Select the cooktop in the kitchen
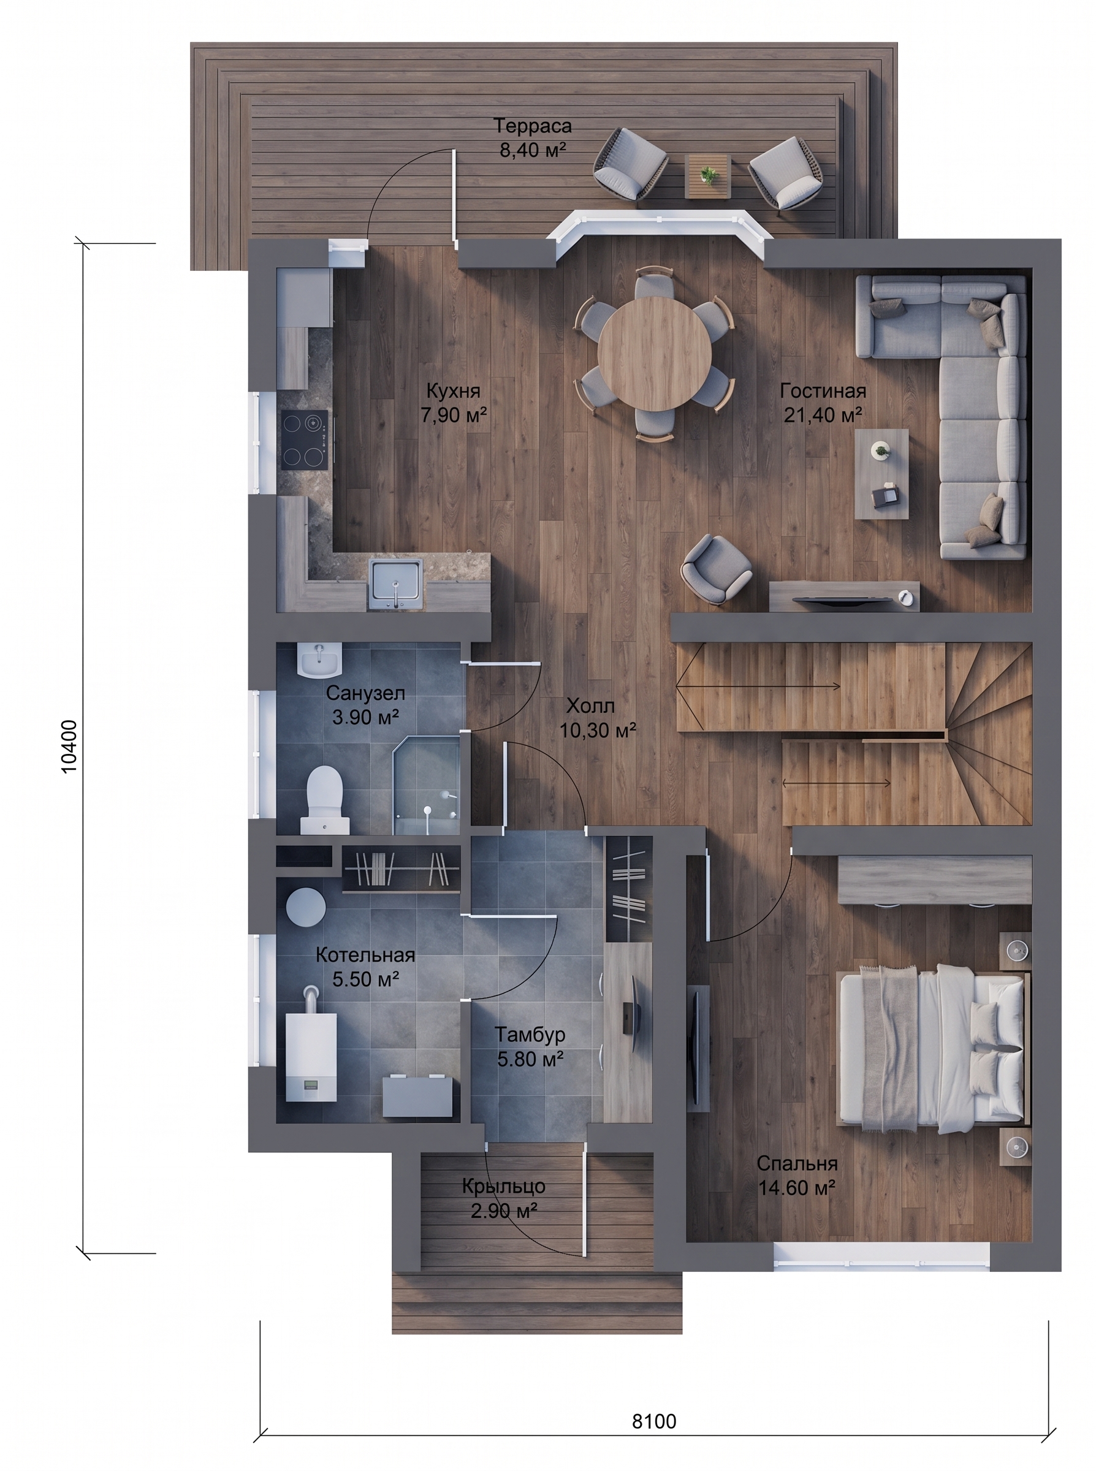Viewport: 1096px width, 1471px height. click(x=305, y=440)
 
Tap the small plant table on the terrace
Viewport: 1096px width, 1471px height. click(x=708, y=176)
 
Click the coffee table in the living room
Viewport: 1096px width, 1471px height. click(x=881, y=473)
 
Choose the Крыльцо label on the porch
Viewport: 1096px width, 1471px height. click(x=503, y=1185)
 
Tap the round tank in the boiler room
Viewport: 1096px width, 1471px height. click(x=306, y=907)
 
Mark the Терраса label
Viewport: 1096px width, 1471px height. click(x=533, y=126)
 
